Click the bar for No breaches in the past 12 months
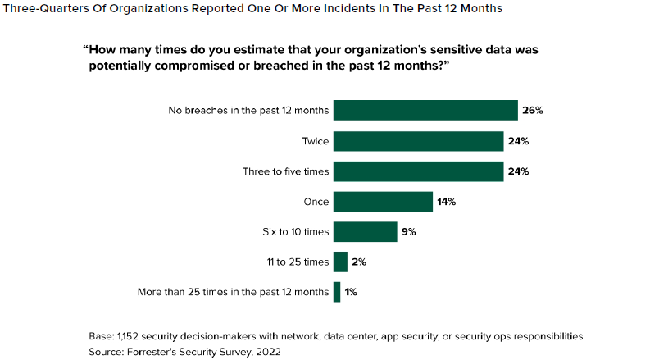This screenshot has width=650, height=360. tap(425, 111)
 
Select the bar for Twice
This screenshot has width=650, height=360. tap(418, 141)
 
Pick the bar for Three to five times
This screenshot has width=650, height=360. tap(418, 171)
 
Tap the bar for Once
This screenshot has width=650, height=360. tap(383, 202)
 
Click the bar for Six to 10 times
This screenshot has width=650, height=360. tap(365, 232)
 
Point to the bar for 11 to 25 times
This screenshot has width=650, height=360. tap(340, 262)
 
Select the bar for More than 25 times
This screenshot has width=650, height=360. tap(337, 292)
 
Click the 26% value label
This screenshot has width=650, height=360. tap(534, 111)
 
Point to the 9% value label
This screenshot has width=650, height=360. tap(409, 232)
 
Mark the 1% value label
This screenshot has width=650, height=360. tap(351, 292)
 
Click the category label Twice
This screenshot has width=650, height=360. tap(315, 141)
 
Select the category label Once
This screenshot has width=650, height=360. tap(316, 202)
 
